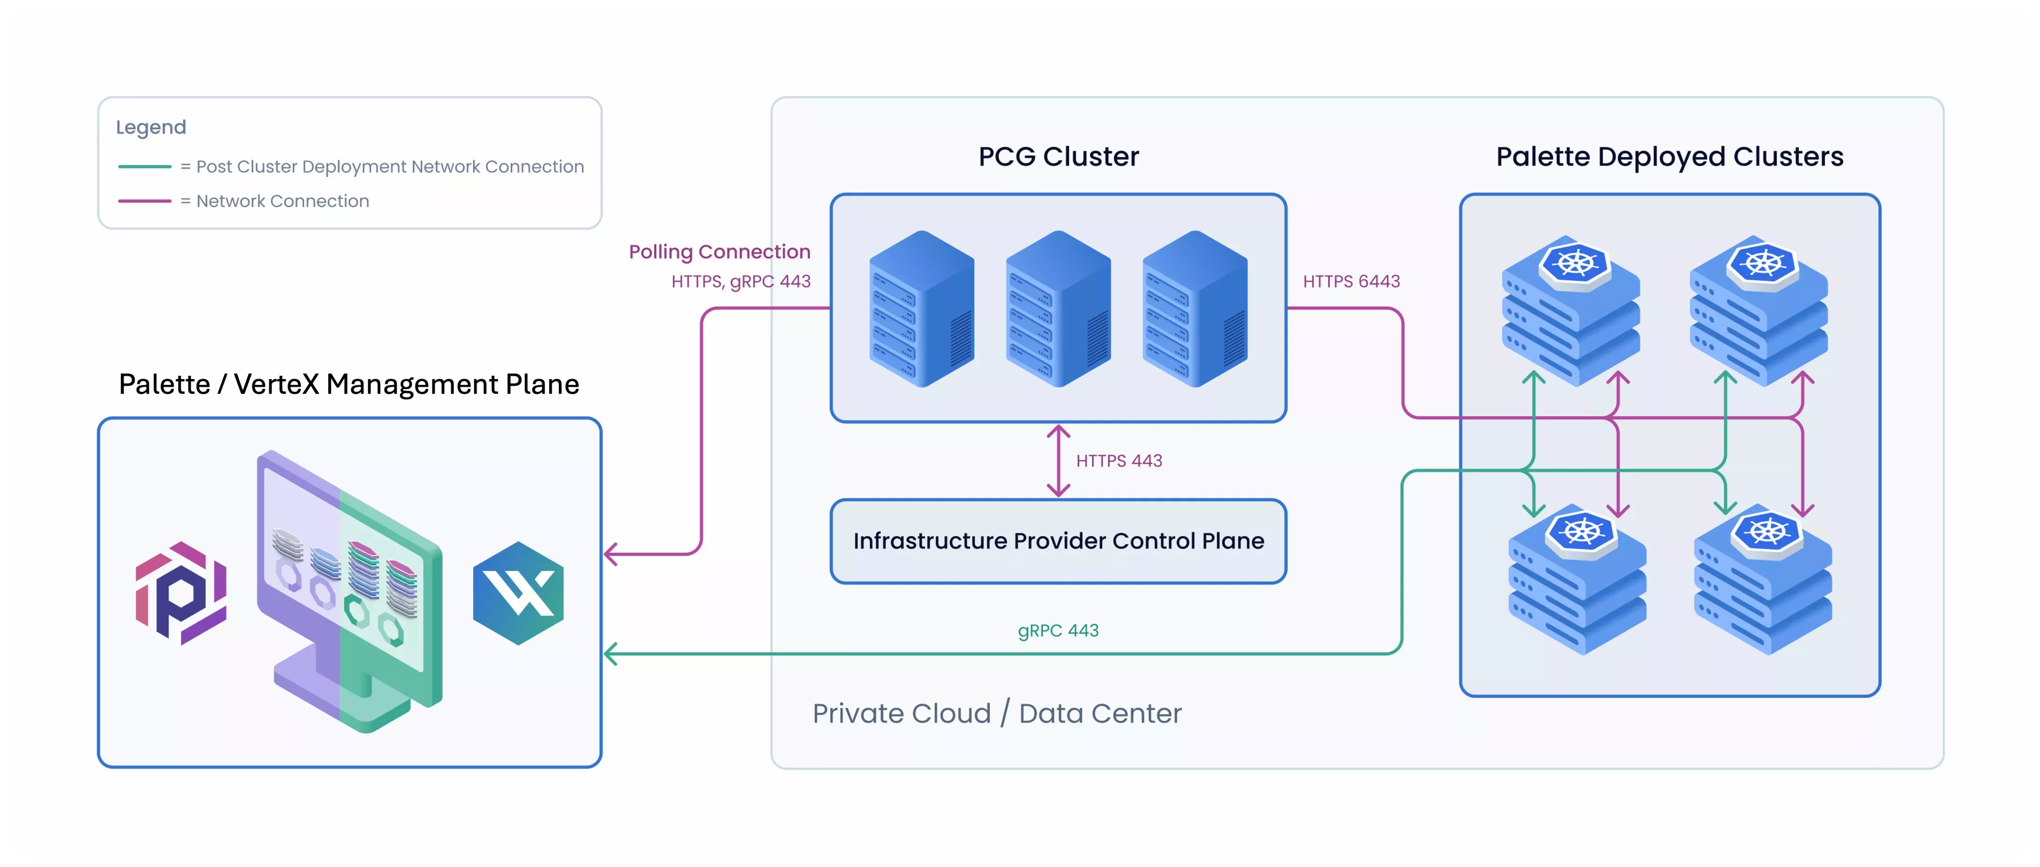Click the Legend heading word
coord(150,127)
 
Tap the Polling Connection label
coord(719,252)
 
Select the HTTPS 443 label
coord(1118,461)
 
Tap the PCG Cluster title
coord(1058,157)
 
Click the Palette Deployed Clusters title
coord(1669,157)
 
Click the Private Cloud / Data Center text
coord(996,713)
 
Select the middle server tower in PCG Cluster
coord(1058,309)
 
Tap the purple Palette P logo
coord(181,593)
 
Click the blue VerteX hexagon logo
coord(518,593)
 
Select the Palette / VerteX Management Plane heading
coord(349,385)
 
